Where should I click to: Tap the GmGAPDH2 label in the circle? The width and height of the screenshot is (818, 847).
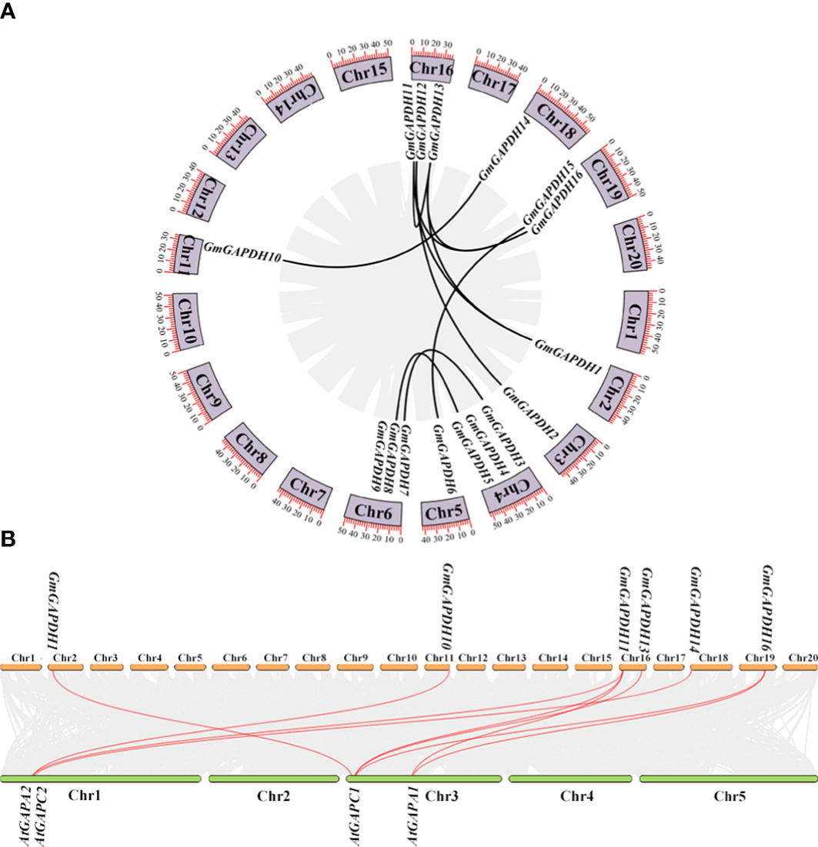coord(530,412)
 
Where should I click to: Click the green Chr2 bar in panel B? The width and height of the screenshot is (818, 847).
coord(273,779)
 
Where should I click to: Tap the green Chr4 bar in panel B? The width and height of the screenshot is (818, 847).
coord(570,779)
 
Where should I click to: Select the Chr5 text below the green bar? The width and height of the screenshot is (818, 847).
coord(726,795)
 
